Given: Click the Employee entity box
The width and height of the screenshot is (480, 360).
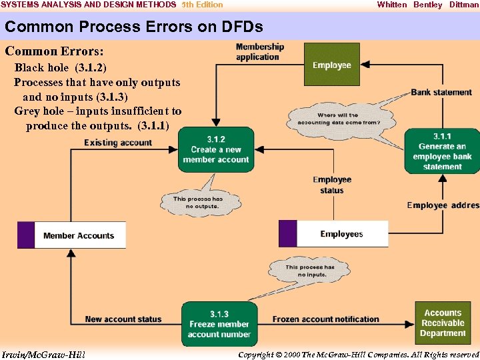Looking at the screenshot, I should (331, 65).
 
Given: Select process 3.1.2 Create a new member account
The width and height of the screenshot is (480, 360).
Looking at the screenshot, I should (216, 149).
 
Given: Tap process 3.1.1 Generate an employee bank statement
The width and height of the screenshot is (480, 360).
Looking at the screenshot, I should (442, 151).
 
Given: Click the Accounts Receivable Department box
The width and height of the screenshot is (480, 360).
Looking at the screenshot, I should (443, 323).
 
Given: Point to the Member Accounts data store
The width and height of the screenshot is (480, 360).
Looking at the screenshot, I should (72, 235).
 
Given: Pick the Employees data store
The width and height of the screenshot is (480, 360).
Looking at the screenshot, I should (333, 234).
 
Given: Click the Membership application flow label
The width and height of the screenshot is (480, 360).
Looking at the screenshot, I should (259, 52).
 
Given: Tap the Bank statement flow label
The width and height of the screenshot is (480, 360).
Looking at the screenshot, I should (441, 92).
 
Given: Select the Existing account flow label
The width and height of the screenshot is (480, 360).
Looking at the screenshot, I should (118, 143).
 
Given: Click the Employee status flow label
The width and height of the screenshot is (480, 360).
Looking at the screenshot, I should (331, 185).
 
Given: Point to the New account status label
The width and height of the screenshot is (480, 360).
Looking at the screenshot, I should (123, 319).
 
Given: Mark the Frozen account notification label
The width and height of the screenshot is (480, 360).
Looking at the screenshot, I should (325, 319).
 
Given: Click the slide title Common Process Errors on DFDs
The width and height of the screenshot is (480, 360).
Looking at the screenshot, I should (133, 27).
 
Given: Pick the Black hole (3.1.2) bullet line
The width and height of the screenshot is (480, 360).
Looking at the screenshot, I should (60, 67).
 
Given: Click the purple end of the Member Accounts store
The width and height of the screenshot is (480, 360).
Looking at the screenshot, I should (25, 235).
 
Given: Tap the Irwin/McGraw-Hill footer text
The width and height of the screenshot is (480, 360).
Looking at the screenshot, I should (43, 354).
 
